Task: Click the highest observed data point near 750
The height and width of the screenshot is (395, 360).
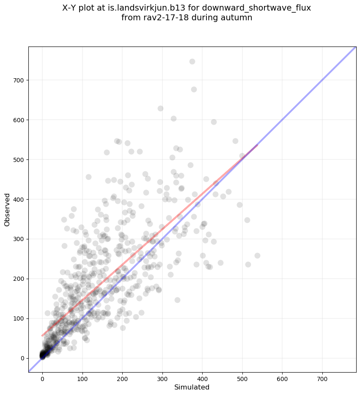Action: (192, 61)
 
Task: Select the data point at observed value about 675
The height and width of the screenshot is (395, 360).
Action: (194, 89)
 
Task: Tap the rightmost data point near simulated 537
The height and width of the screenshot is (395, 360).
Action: (257, 255)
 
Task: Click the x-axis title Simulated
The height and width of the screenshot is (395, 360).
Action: (192, 387)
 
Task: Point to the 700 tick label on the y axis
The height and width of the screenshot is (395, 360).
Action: (18, 80)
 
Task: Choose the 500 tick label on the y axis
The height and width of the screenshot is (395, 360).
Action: (18, 160)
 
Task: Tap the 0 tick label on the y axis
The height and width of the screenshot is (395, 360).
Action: (22, 358)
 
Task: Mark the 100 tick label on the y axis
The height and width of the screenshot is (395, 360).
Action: (18, 318)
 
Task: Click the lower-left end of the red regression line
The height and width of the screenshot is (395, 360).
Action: (42, 336)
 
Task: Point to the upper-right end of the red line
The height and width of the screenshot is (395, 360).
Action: (257, 145)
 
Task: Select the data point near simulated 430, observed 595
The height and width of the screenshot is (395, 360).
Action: (214, 122)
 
